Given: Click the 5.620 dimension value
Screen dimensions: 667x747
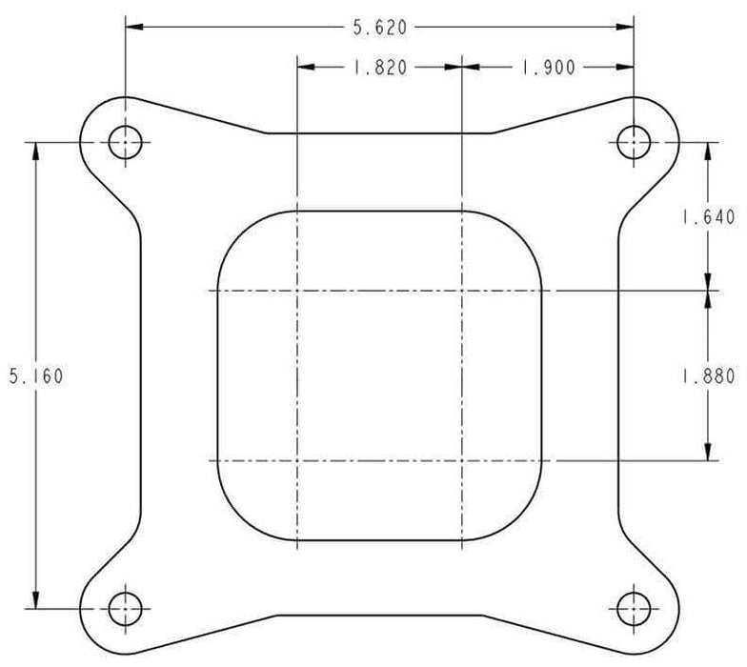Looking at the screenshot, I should (x=380, y=28).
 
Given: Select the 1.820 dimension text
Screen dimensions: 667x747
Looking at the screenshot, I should (x=380, y=68).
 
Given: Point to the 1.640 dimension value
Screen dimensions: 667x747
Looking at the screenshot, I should (x=707, y=218).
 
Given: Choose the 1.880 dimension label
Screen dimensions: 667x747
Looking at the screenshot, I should (x=707, y=375).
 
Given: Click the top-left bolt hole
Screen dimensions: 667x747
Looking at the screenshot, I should (x=124, y=143).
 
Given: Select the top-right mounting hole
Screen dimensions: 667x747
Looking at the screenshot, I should (x=634, y=143).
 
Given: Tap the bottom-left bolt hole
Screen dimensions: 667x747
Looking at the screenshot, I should (x=124, y=607).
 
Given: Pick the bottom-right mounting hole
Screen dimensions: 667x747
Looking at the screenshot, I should (x=634, y=607).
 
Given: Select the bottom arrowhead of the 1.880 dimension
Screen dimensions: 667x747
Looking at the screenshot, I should (x=707, y=454).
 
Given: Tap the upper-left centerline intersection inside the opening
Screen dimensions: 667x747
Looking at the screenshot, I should (x=297, y=291).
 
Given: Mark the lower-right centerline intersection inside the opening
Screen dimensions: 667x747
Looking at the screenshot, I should (x=462, y=461).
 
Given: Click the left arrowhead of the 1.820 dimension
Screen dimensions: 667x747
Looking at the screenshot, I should (x=305, y=68).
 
